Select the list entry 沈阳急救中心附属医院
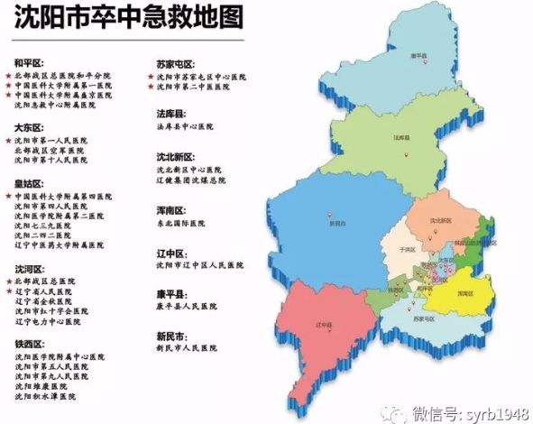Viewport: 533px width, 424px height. coord(55,106)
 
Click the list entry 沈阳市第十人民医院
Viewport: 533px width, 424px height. coord(53,161)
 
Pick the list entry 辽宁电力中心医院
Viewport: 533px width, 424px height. coord(51,321)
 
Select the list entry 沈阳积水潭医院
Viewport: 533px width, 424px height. coord(51,396)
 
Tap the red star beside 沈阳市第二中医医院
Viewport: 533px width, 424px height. coord(151,88)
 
